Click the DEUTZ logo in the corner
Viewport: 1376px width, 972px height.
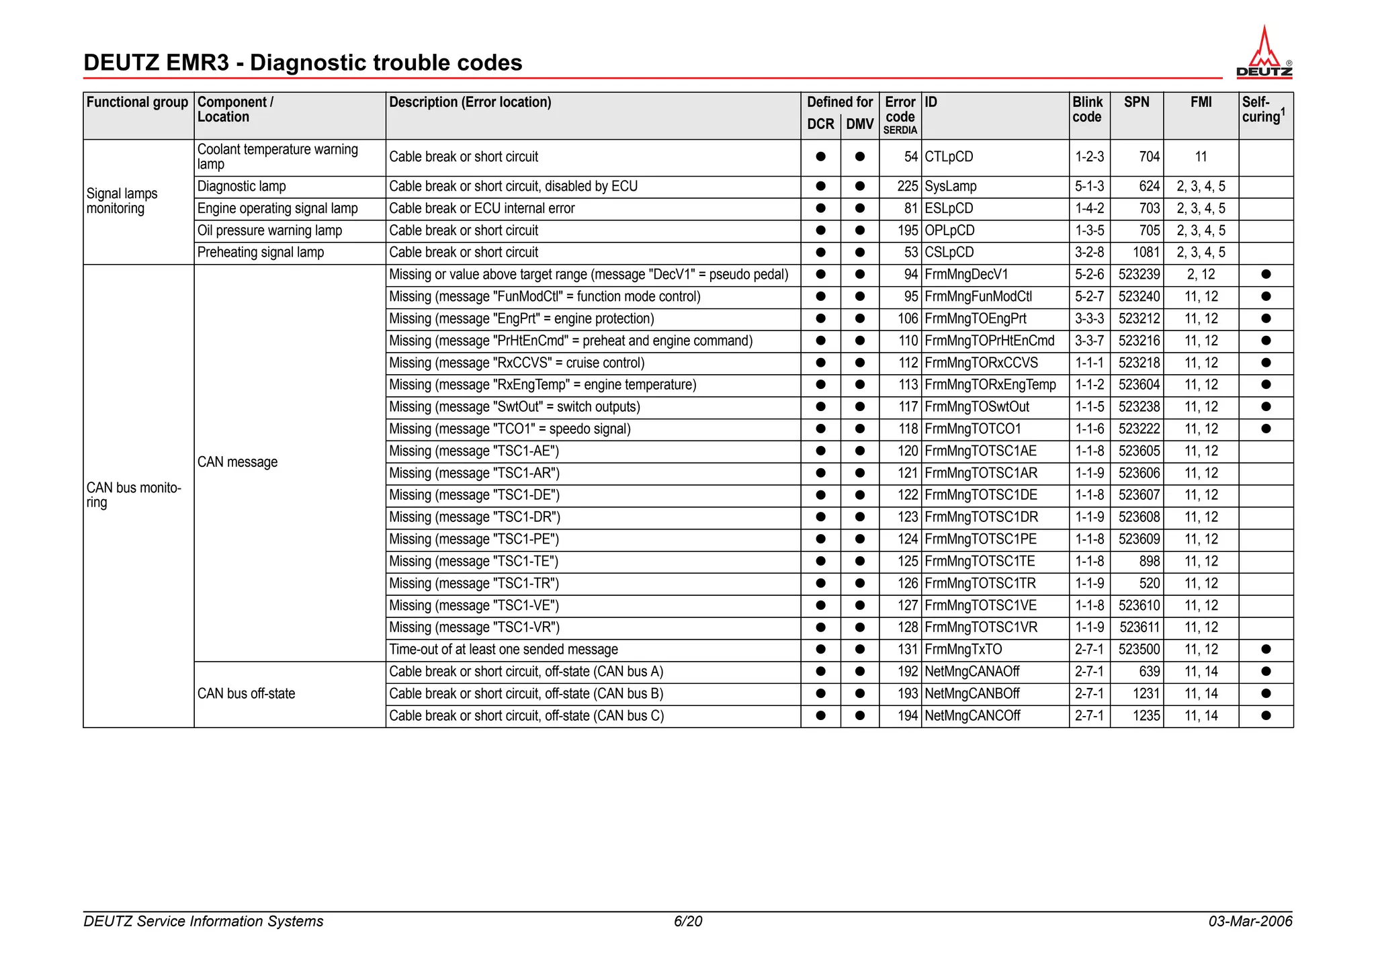point(1264,53)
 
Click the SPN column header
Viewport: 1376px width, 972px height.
point(1136,102)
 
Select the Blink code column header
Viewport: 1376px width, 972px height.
point(1087,109)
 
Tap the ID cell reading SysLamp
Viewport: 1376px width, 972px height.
point(950,186)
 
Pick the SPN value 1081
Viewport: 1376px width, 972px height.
point(1146,253)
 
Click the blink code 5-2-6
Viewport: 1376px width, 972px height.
point(1088,275)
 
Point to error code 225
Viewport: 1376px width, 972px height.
point(907,186)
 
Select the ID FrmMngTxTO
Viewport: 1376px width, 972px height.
point(963,650)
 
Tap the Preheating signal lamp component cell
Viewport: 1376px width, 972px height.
point(261,253)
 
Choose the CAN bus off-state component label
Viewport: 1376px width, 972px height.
point(246,694)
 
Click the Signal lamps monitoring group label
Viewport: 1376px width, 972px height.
point(122,201)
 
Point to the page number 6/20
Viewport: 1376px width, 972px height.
point(688,921)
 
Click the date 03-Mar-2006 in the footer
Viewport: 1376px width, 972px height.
point(1250,921)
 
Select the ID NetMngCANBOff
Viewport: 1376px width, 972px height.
point(972,694)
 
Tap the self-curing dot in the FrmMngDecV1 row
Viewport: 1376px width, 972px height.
point(1266,275)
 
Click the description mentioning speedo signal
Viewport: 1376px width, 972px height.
point(509,429)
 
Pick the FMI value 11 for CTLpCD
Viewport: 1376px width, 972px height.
point(1201,157)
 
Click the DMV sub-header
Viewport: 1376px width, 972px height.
point(859,124)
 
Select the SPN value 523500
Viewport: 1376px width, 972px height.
point(1139,650)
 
